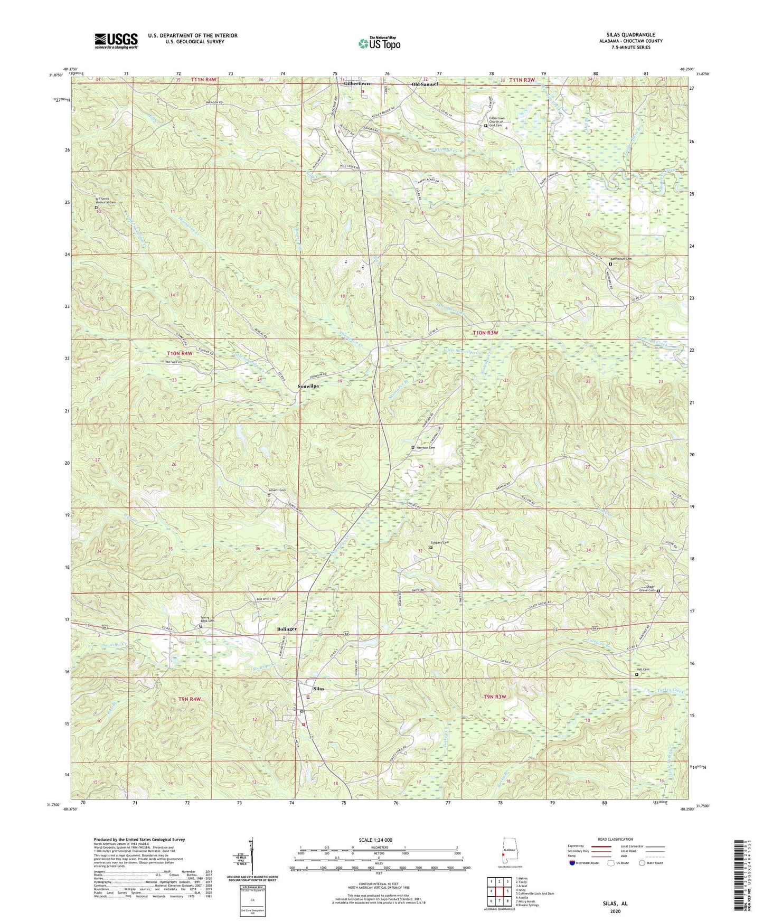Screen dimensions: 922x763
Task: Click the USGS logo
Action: click(x=116, y=41)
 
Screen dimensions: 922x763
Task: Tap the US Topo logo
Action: click(x=379, y=43)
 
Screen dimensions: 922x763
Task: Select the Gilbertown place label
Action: click(x=357, y=84)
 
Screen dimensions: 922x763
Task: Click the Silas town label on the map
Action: click(x=318, y=689)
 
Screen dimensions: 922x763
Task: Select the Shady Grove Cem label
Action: click(x=647, y=588)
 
